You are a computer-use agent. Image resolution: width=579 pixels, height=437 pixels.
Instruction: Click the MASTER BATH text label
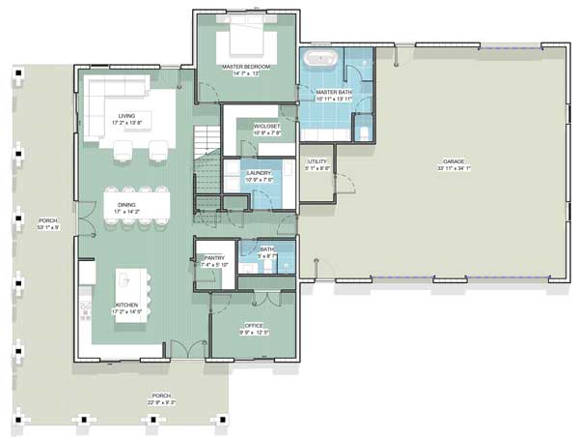point(335,92)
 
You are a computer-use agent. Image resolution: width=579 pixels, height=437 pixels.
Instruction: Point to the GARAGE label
point(454,160)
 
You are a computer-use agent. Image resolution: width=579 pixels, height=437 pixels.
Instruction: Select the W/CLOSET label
point(266,127)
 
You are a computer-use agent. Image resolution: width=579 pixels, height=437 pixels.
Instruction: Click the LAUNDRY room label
point(260,173)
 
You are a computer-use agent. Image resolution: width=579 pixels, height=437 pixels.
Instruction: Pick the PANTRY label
point(213,257)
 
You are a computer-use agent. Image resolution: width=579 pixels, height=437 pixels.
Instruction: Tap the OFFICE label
point(252,326)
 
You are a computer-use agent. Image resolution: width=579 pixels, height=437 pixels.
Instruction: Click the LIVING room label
point(126,116)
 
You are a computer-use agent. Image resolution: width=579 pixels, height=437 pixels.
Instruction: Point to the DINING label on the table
point(126,204)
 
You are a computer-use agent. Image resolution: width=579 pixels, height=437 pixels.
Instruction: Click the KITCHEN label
point(126,306)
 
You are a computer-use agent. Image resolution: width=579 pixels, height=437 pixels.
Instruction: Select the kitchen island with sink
point(126,282)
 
